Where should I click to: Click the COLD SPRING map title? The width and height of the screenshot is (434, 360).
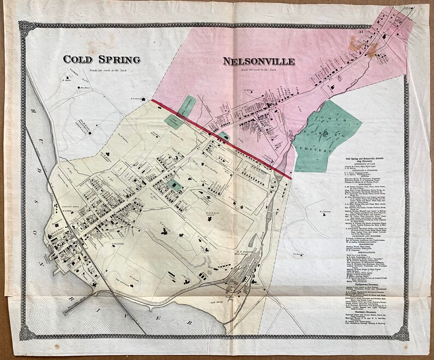tap(102, 59)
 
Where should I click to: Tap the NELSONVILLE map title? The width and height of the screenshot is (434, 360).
tap(258, 61)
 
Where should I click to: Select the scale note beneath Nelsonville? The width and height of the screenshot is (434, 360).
tap(258, 70)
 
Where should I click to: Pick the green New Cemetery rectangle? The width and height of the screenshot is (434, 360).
tap(187, 104)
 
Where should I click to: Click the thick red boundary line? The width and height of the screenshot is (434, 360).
tap(219, 137)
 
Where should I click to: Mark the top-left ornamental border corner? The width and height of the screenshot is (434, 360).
tap(25, 25)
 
